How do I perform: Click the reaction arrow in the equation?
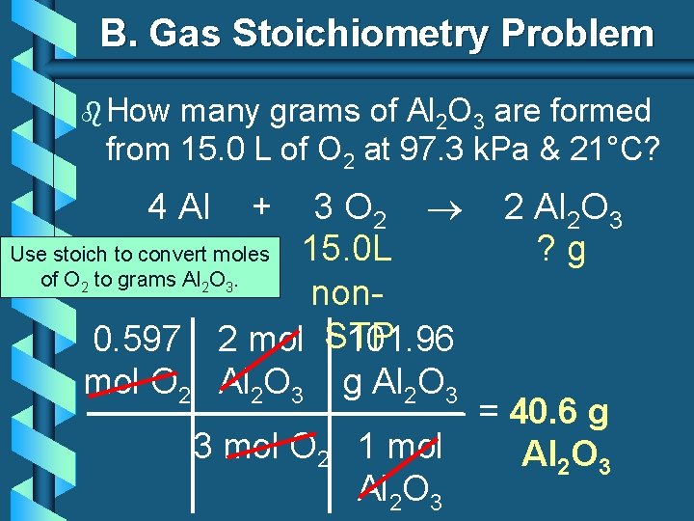point(447,206)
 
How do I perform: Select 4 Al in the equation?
point(179,206)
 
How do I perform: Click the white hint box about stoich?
point(141,266)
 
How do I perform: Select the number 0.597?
point(136,340)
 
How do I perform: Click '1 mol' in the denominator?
point(399,447)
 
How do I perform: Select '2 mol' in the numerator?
point(262,340)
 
